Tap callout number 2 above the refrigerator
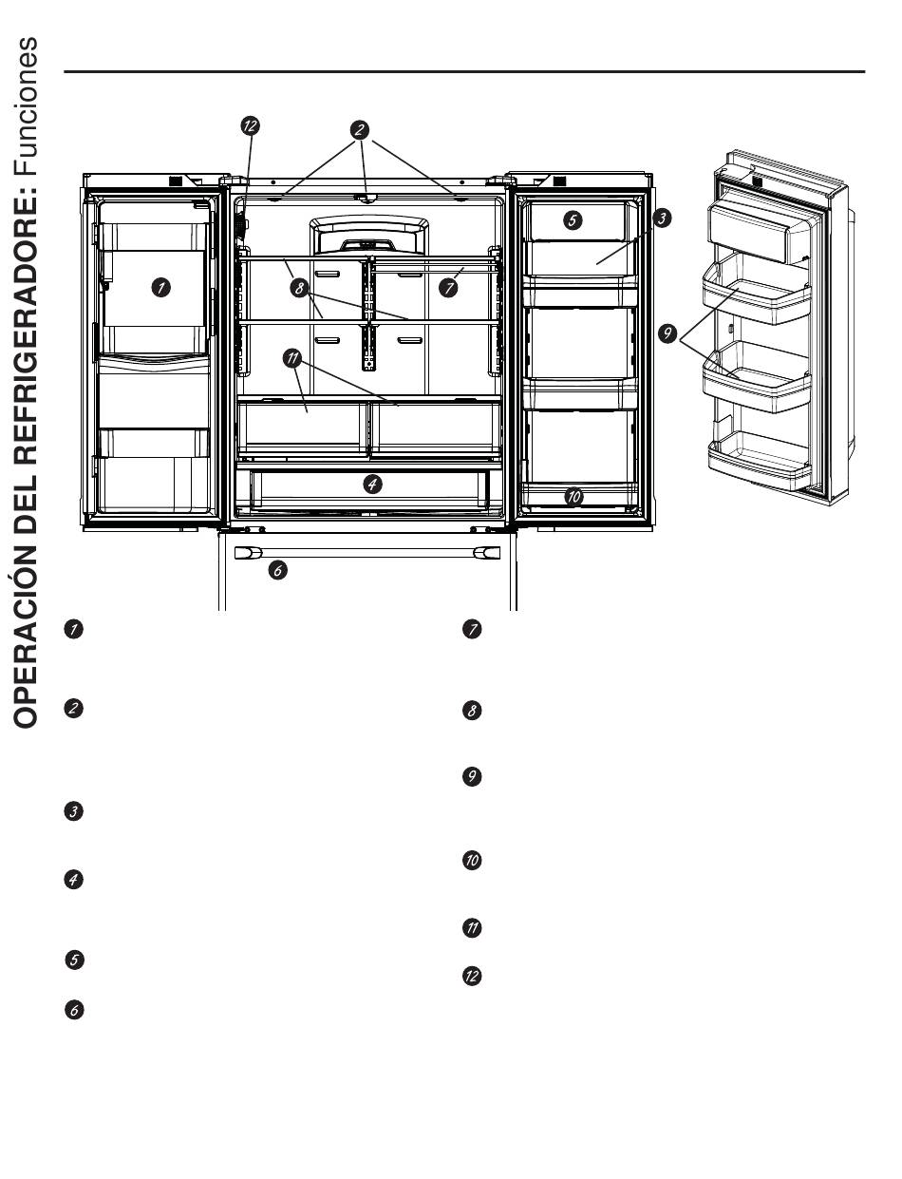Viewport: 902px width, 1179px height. click(x=361, y=128)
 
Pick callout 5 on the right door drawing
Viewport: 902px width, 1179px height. click(x=572, y=220)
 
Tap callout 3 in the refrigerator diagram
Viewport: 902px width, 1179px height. click(x=663, y=219)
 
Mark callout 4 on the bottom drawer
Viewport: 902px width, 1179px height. click(x=373, y=484)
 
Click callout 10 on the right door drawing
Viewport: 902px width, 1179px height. click(x=573, y=495)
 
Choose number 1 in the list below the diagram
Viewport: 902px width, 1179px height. click(x=71, y=628)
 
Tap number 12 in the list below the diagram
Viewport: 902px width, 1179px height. click(x=471, y=976)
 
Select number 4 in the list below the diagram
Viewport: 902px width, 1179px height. click(x=71, y=880)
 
